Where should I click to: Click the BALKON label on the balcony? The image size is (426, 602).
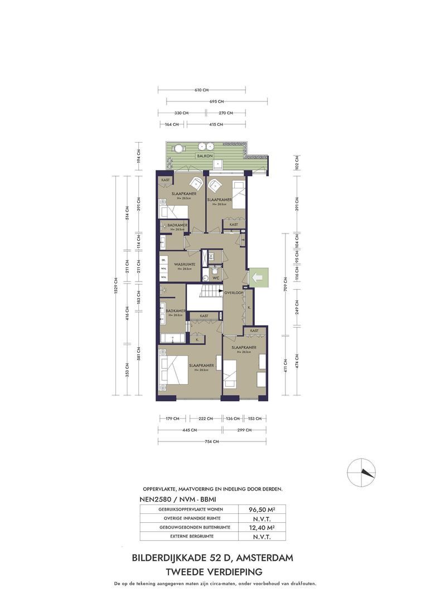point(203,157)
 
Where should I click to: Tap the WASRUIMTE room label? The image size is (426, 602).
point(184,264)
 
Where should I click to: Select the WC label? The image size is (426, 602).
point(215,277)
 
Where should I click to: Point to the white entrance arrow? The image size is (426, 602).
point(257,276)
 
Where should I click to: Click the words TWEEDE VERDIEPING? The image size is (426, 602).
point(212,571)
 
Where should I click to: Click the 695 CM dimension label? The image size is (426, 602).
point(217,101)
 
